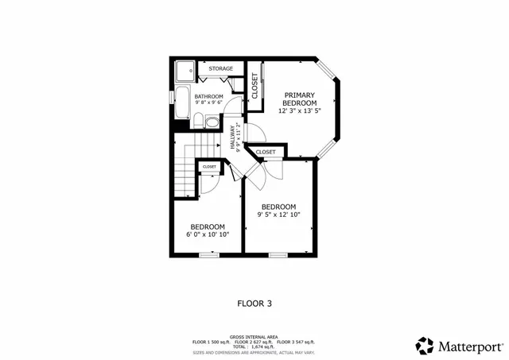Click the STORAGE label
point(221,69)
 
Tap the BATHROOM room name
point(208,96)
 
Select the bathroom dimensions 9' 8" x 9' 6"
point(208,103)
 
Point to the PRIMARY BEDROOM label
point(300,99)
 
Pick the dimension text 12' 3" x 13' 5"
point(300,111)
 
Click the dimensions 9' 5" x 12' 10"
point(278,214)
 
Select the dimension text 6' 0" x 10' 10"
point(207,234)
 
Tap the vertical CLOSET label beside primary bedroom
point(254,85)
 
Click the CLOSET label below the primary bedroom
point(266,151)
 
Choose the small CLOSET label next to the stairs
point(209,167)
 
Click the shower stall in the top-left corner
point(184,71)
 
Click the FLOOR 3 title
point(254,303)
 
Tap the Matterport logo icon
point(425,346)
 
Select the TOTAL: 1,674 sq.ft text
point(254,347)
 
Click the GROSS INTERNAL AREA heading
point(254,336)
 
